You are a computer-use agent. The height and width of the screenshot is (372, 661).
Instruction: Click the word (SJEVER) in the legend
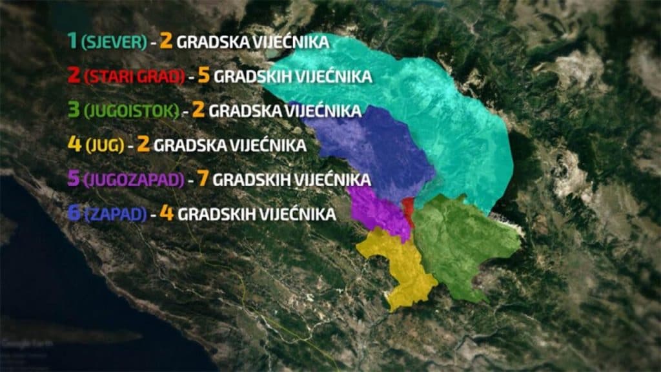114,42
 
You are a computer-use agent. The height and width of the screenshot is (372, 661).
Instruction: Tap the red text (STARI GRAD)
134,76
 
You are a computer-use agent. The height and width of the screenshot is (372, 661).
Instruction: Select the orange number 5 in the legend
204,75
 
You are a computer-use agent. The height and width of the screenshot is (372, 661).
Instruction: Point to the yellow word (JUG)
104,145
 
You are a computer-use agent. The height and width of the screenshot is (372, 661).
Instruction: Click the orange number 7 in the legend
203,178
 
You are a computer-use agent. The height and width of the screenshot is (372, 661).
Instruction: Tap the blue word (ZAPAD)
115,214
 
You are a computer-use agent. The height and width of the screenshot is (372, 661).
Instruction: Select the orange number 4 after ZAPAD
167,212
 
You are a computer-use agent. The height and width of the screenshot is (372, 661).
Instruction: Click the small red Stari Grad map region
408,211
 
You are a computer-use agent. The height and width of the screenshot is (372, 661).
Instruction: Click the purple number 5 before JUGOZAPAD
73,178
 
